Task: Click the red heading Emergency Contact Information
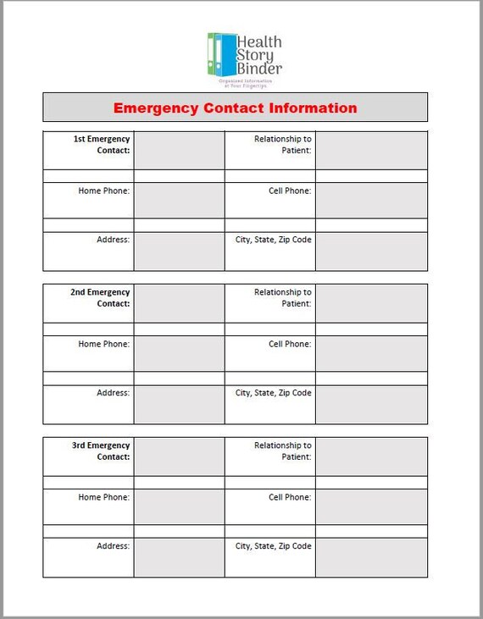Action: point(235,108)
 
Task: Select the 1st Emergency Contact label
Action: point(102,144)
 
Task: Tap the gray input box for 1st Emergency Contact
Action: point(179,150)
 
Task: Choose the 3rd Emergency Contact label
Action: point(101,451)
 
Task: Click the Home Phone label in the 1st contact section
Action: point(104,191)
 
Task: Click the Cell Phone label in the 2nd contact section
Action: point(290,345)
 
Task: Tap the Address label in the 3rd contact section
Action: point(114,546)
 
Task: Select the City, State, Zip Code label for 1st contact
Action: point(274,240)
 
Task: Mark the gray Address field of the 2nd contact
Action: point(179,405)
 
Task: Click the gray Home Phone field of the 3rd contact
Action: point(179,506)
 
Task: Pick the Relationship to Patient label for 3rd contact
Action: point(283,451)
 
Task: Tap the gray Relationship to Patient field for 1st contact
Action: point(371,150)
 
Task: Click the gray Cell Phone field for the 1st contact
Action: point(371,201)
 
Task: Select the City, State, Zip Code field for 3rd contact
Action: point(371,557)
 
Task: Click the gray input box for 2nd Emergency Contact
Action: point(179,303)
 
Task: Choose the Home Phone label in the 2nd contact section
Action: point(104,345)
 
